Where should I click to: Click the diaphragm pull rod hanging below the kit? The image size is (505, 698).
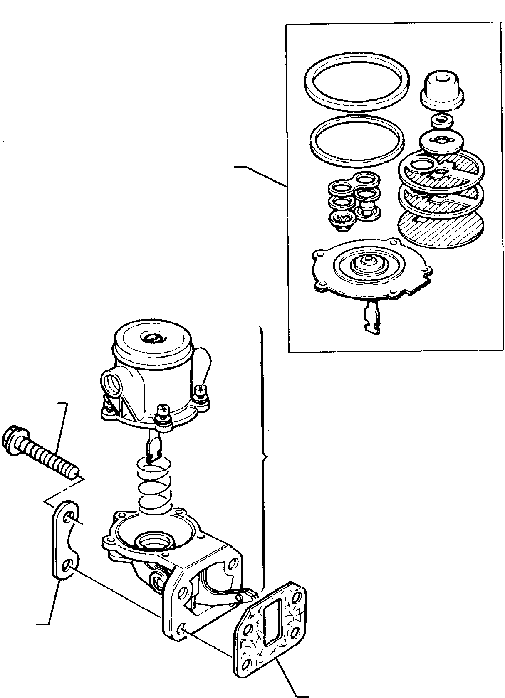pyautogui.click(x=372, y=318)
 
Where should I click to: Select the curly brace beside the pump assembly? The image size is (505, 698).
pyautogui.click(x=263, y=457)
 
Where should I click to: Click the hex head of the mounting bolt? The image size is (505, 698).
pyautogui.click(x=12, y=438)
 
